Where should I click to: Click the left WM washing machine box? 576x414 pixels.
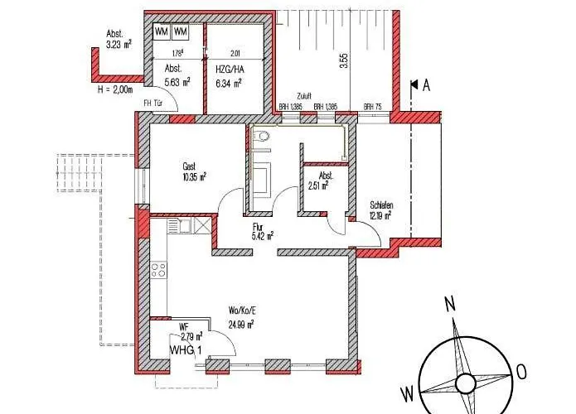[x=162, y=31]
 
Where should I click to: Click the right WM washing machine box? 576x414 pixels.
[x=182, y=31]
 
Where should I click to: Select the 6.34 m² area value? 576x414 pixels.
[x=229, y=82]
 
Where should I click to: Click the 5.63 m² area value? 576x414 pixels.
[x=177, y=82]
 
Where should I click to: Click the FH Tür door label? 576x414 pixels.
[x=153, y=103]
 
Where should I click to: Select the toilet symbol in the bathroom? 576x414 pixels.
[x=264, y=136]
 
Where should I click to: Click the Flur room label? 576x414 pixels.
[x=258, y=224]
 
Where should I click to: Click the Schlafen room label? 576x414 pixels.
[x=381, y=206]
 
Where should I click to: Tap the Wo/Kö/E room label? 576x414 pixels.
[x=240, y=311]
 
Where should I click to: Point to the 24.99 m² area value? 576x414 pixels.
[x=240, y=324]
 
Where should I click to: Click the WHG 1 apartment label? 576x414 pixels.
[x=186, y=350]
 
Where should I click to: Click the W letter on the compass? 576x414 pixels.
[x=407, y=391]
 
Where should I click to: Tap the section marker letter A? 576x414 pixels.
[x=427, y=84]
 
